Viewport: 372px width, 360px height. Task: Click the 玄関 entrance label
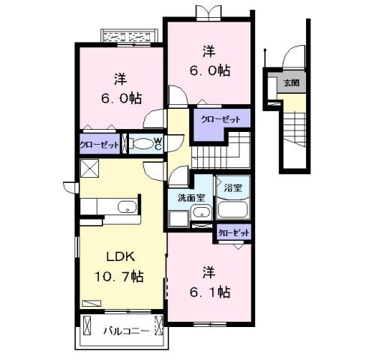pos(290,82)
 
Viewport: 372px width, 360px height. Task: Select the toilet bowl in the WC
pos(142,145)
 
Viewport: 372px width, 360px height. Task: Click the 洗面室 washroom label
pos(190,199)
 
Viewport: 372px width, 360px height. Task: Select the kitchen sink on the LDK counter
pos(124,208)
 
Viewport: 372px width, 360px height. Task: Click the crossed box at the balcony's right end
pos(158,328)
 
